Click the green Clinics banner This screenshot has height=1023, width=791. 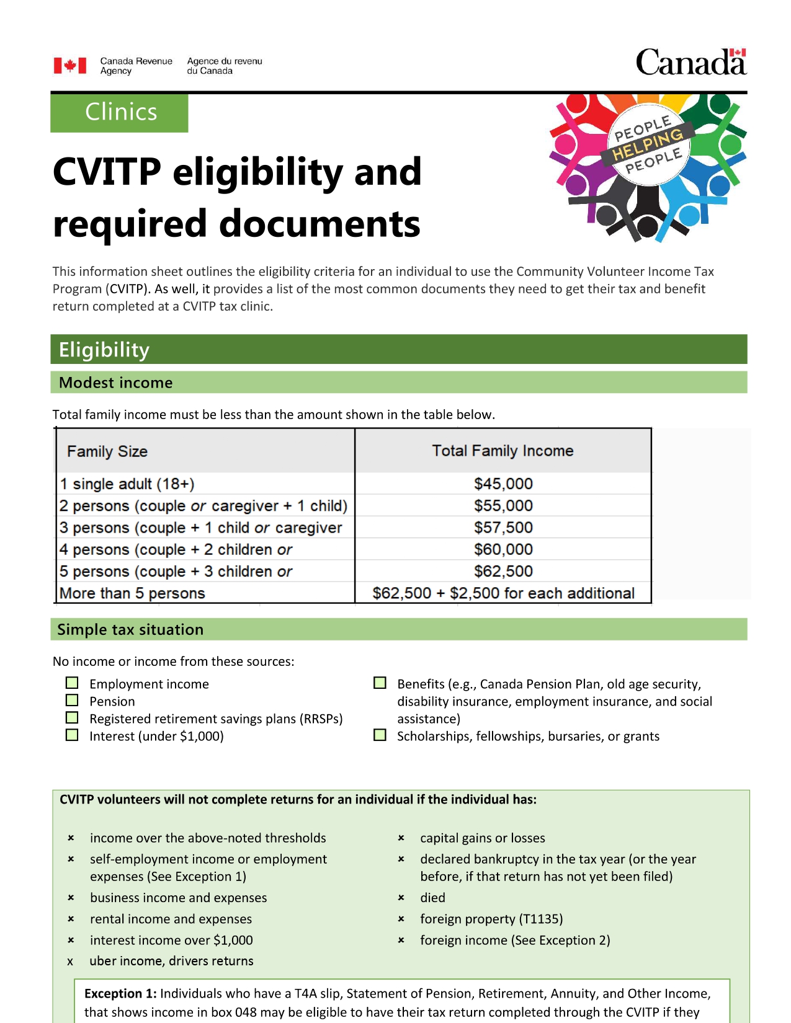pyautogui.click(x=119, y=112)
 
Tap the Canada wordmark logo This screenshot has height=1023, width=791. pyautogui.click(x=690, y=63)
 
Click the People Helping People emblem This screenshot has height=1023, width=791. pyautogui.click(x=648, y=166)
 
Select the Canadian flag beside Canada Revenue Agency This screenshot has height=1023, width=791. pyautogui.click(x=69, y=66)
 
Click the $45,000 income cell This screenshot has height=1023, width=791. pyautogui.click(x=503, y=484)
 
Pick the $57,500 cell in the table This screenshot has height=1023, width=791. pyautogui.click(x=503, y=528)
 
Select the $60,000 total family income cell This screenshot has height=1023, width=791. pyautogui.click(x=503, y=549)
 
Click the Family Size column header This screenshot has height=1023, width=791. pyautogui.click(x=107, y=451)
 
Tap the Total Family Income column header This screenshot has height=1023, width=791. pyautogui.click(x=503, y=451)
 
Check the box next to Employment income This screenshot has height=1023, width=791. pyautogui.click(x=73, y=683)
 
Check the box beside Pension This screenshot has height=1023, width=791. pyautogui.click(x=73, y=701)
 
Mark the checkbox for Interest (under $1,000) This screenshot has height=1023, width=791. pyautogui.click(x=73, y=735)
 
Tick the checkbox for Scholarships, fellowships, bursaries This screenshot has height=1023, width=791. pyautogui.click(x=380, y=735)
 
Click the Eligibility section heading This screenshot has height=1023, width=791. pyautogui.click(x=104, y=350)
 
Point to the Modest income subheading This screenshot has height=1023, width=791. pyautogui.click(x=116, y=383)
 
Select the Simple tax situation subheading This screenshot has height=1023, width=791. pyautogui.click(x=130, y=629)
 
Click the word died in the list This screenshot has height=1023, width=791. pyautogui.click(x=432, y=898)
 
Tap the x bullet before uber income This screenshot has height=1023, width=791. pyautogui.click(x=70, y=962)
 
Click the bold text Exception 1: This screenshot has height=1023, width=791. pyautogui.click(x=120, y=994)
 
